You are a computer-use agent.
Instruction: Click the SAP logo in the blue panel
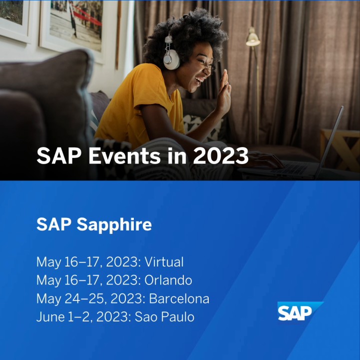pos(299,311)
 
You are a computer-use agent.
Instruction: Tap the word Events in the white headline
pos(124,156)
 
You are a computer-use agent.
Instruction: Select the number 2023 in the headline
pos(221,156)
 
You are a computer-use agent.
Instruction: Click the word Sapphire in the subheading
pos(114,225)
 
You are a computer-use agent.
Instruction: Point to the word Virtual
pos(164,262)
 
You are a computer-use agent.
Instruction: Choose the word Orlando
pos(168,280)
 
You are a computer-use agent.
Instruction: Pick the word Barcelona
pos(179,298)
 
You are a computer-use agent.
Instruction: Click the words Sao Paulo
pos(164,317)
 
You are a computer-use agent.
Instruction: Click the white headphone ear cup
pos(171,59)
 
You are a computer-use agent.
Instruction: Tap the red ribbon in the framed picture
pos(87,16)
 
